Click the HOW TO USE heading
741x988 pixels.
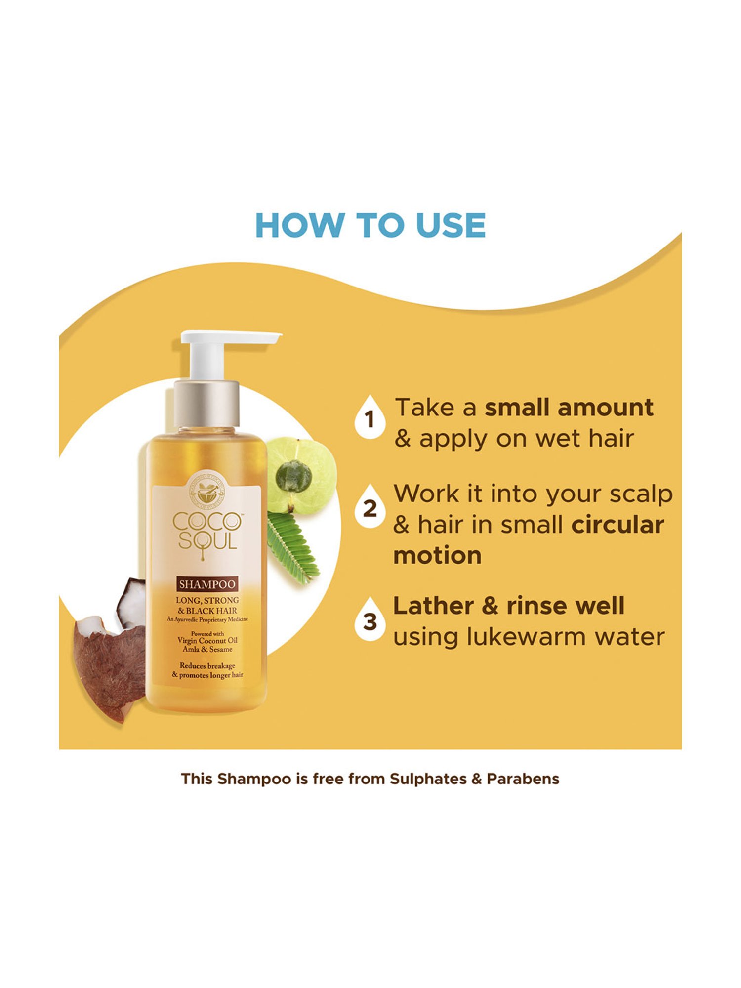(370, 226)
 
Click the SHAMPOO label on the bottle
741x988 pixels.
(207, 584)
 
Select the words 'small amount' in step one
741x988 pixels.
(569, 408)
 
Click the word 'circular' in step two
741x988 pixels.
(617, 525)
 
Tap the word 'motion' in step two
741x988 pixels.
(437, 556)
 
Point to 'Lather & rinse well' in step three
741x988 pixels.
(509, 606)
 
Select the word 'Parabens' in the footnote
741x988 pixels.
(523, 779)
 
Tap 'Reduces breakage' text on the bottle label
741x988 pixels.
(207, 666)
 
